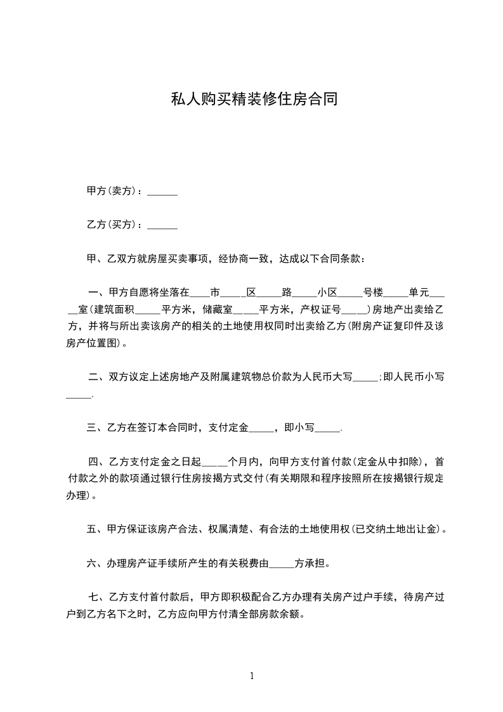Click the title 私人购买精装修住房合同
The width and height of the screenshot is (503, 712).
252,100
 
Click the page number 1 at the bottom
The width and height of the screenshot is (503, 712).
252,676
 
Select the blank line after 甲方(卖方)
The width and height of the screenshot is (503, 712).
162,191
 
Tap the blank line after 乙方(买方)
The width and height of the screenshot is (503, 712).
162,225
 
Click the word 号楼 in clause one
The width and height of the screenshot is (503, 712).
373,293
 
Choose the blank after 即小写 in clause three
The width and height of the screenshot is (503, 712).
327,428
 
